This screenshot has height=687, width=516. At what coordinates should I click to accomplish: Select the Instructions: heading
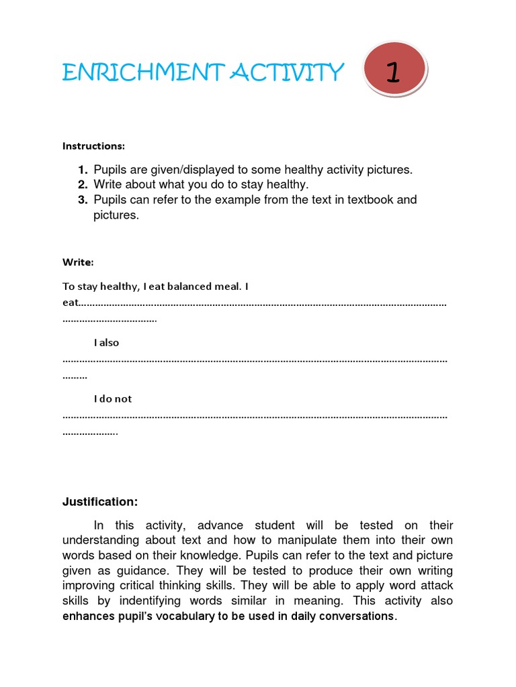pos(93,146)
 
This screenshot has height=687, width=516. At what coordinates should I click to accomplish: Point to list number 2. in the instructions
pos(83,184)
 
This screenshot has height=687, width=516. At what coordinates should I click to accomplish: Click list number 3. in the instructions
pos(83,200)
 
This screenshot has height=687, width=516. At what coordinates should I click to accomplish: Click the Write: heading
pos(78,261)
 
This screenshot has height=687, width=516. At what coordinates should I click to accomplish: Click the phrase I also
pos(106,342)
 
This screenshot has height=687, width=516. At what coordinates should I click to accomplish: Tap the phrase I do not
pos(113,399)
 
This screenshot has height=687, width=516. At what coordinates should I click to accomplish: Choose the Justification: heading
pos(100,502)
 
